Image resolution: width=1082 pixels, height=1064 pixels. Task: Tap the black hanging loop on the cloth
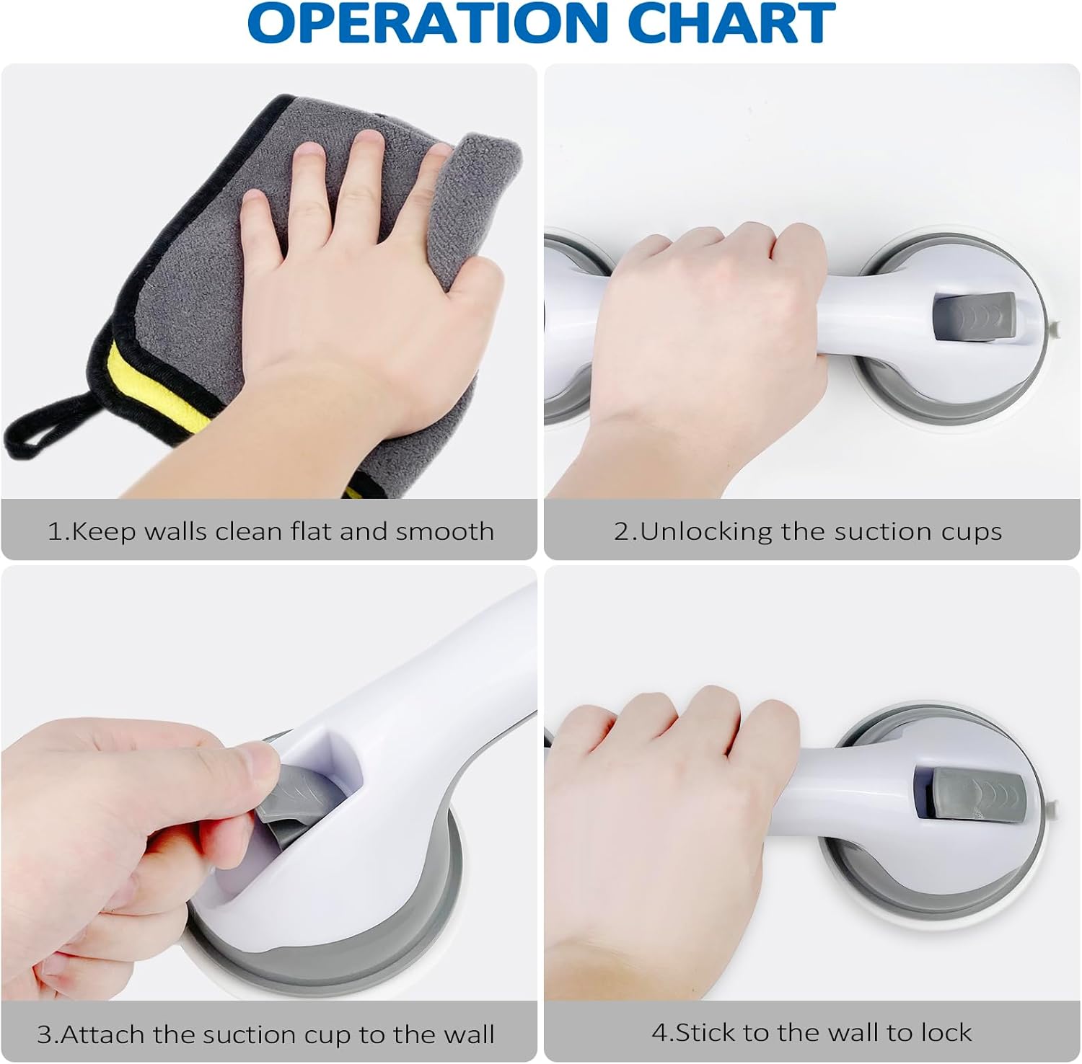click(x=50, y=428)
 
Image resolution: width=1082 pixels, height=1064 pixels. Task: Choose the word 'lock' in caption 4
click(x=944, y=1032)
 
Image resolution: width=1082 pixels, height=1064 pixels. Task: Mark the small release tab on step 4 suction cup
click(x=1054, y=806)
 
